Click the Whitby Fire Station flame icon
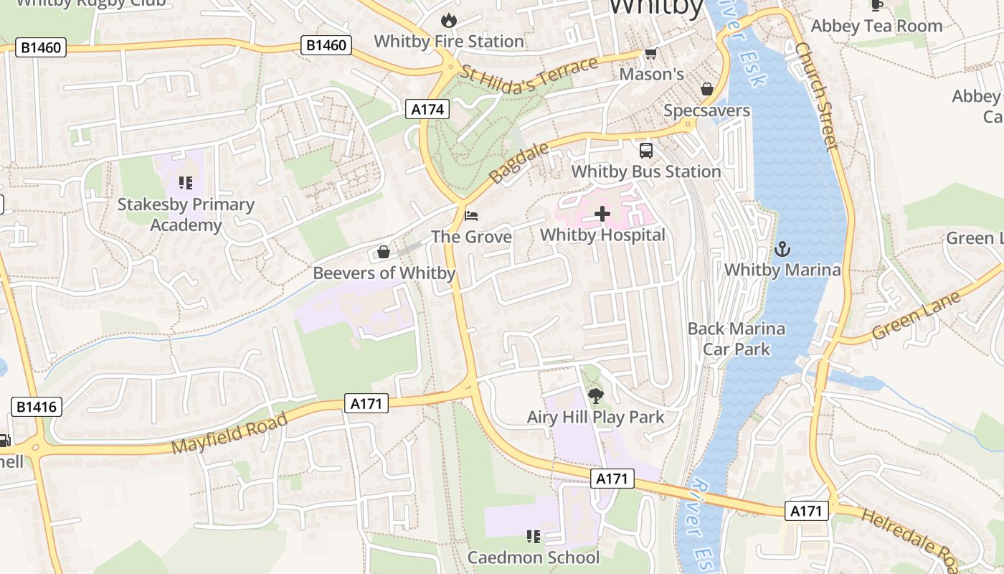[449, 19]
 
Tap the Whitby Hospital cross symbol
[602, 213]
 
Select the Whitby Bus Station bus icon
[646, 150]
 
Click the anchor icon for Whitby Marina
[782, 249]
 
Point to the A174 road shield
[427, 109]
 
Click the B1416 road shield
[37, 408]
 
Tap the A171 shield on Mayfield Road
[366, 404]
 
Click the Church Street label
[817, 96]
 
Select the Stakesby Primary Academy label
[186, 215]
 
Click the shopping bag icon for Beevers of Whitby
[384, 252]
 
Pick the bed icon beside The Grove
[470, 215]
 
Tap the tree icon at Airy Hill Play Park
[595, 395]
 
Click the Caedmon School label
[533, 557]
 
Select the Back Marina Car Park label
[737, 339]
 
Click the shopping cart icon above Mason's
[650, 53]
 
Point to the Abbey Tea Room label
[876, 26]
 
